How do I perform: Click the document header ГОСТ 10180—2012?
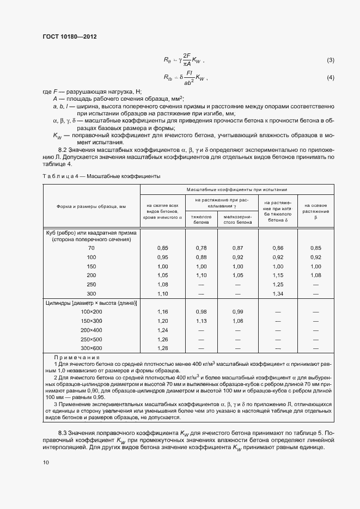(69, 37)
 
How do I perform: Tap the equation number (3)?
(330, 60)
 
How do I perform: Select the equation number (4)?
(330, 79)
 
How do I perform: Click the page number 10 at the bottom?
(46, 462)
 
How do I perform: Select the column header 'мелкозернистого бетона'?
(237, 219)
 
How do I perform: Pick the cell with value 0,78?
(202, 248)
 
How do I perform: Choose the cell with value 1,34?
(278, 293)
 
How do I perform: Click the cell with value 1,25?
(278, 284)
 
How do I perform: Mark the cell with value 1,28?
(162, 348)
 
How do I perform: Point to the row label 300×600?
(91, 348)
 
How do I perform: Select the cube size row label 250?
(91, 284)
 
